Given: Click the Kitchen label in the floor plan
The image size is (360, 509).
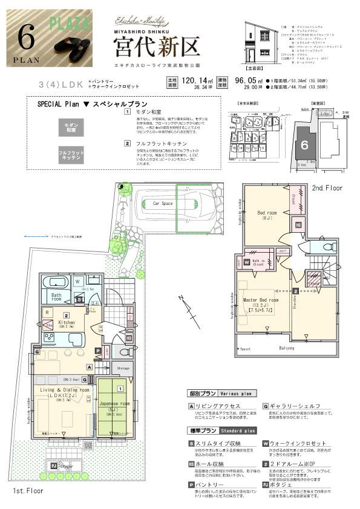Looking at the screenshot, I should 67,323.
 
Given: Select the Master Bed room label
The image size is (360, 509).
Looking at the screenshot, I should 260,300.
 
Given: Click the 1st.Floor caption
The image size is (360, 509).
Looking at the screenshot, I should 22,493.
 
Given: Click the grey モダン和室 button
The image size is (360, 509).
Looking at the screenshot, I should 71,126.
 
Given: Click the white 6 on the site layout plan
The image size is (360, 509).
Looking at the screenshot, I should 304,144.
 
